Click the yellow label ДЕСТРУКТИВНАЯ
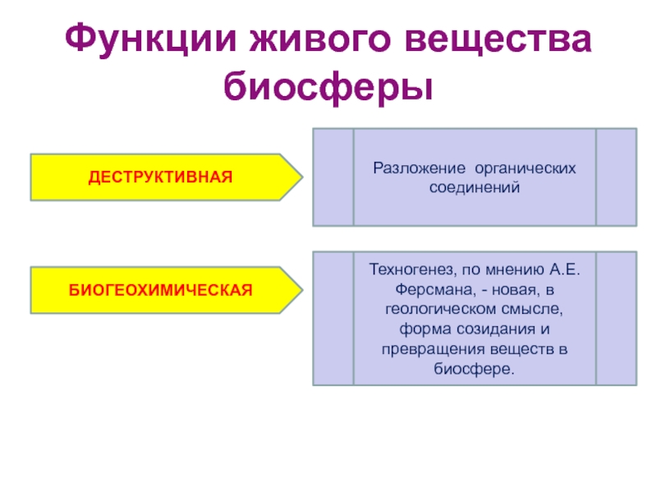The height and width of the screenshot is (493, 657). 162,177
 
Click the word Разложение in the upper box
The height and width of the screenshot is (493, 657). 416,168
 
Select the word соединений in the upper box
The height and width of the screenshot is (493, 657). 475,187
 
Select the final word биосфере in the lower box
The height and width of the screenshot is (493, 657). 474,369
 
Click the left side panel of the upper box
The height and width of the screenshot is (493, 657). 333,177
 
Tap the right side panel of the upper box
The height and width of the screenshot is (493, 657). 616,177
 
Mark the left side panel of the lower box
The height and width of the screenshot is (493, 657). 333,319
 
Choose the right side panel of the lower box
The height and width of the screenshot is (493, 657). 616,319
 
